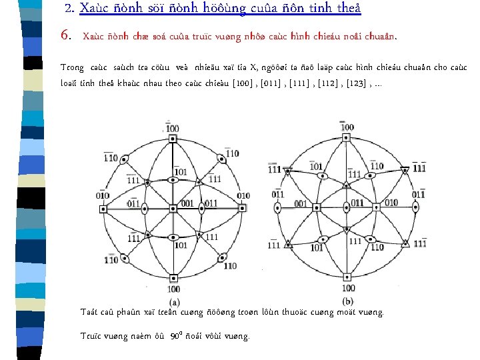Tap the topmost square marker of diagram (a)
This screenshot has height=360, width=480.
(x=173, y=138)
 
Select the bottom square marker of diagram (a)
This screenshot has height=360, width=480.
(x=173, y=278)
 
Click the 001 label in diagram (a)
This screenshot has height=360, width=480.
(x=188, y=203)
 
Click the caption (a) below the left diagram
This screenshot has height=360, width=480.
(x=173, y=300)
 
